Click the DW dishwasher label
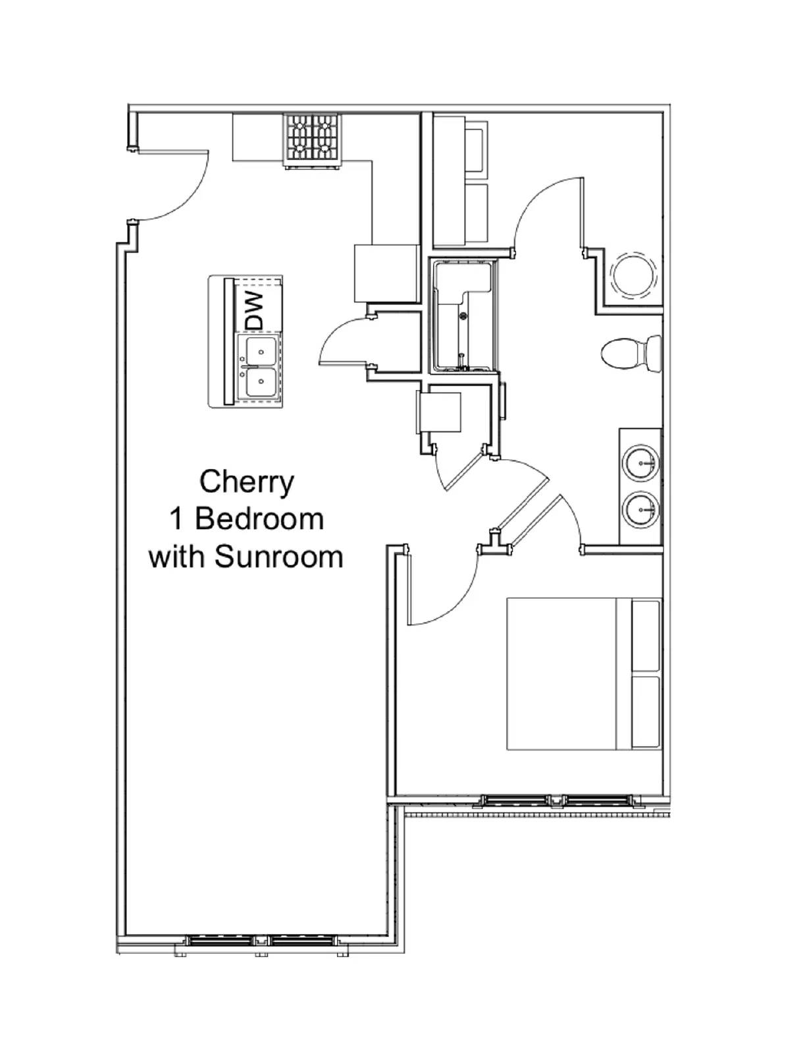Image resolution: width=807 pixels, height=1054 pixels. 253,310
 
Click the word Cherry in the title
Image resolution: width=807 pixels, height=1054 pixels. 247,482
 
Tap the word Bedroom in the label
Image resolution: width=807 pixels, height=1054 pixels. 259,519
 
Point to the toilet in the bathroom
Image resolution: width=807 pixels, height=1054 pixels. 631,353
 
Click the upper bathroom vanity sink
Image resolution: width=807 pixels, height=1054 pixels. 640,463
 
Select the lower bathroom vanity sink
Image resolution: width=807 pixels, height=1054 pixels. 640,509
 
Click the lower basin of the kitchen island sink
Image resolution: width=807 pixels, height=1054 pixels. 260,383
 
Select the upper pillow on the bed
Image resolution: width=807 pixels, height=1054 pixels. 646,635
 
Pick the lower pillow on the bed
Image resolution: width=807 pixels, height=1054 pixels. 646,712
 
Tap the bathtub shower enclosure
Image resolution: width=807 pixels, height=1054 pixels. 463,316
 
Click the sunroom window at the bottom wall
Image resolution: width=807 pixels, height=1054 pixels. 262,941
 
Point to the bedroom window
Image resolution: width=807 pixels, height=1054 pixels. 556,800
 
